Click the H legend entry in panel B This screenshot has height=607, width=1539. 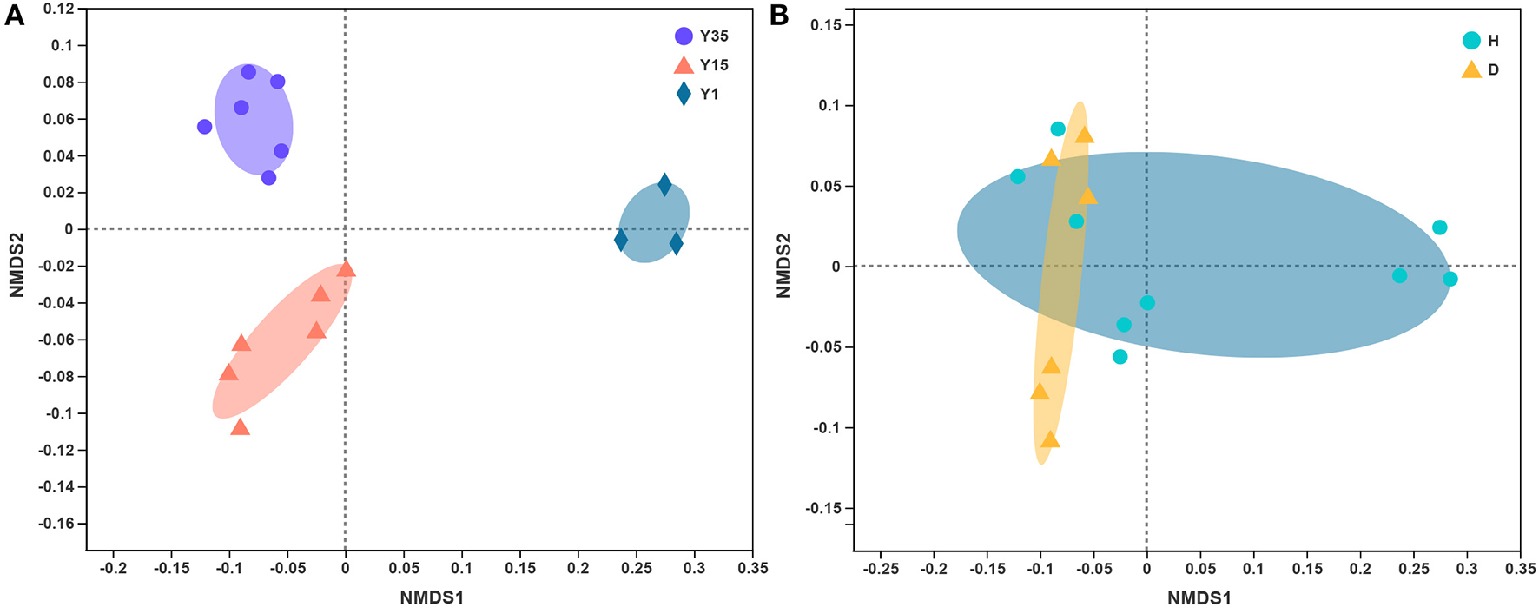pos(1480,41)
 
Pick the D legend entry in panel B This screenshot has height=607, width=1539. pos(1480,69)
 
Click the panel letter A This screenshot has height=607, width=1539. pos(14,16)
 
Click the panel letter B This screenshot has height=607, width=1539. pos(779,16)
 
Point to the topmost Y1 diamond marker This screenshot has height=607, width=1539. pos(664,184)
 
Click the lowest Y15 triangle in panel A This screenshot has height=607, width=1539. pos(241,427)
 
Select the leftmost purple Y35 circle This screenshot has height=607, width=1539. pos(205,127)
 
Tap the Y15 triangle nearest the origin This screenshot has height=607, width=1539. pos(346,269)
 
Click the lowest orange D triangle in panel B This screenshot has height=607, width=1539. pos(1051,439)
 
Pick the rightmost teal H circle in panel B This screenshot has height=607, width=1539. pos(1450,279)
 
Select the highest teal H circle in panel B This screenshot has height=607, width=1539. pos(1058,129)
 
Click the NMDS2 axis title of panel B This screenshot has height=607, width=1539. pos(783,265)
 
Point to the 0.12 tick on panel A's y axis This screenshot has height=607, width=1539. pos(62,9)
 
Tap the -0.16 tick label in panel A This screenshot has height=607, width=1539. pos(58,524)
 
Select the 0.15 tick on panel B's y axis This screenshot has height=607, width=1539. pos(826,25)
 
